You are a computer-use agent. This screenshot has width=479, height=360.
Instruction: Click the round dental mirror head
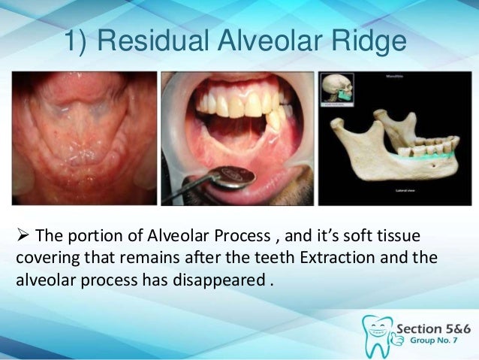click(232, 177)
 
